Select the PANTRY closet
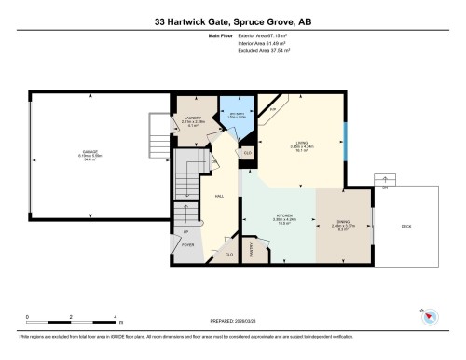tap(252, 248)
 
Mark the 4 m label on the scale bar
tap(113, 317)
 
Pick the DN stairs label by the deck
tap(383, 187)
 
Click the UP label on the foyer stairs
tap(185, 230)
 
